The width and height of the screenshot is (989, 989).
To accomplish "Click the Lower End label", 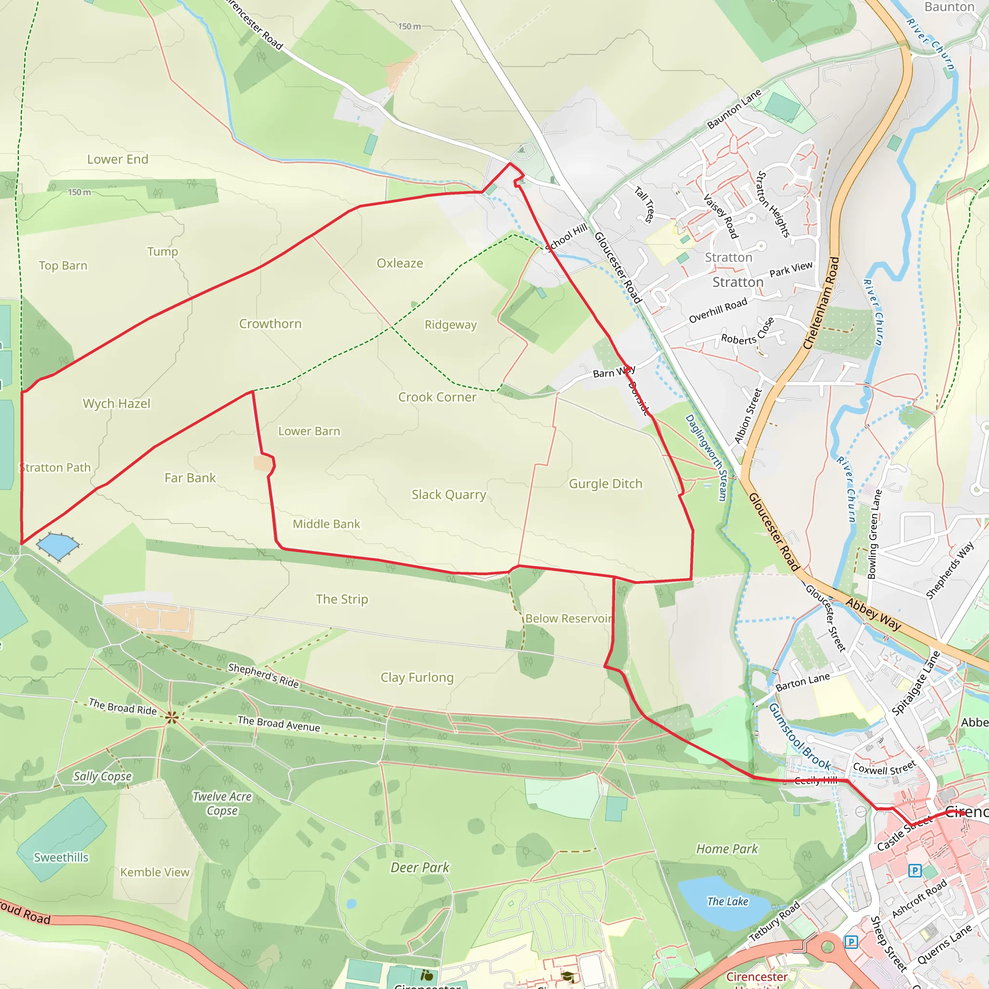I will click(118, 159).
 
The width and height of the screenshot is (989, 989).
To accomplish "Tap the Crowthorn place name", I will click(270, 324).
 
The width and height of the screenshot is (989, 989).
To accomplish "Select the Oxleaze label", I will click(400, 263).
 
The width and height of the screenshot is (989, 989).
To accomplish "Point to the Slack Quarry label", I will click(449, 494).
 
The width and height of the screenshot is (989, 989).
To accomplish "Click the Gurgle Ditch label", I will click(606, 484).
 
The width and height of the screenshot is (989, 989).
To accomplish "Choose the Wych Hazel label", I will click(117, 403).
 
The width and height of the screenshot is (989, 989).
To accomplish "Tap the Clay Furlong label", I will click(417, 677).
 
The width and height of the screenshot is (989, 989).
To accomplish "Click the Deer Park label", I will click(420, 867).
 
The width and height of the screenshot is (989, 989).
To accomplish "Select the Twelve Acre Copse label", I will click(222, 803).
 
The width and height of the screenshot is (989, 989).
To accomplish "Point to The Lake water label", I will click(727, 901).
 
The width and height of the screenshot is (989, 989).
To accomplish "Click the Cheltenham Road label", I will click(821, 303).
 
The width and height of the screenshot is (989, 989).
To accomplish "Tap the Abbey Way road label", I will click(873, 613).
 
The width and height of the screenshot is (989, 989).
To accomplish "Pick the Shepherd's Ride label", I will click(263, 675).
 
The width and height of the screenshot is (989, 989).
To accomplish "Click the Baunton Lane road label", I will click(735, 109).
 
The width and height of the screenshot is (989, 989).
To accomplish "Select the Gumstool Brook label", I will click(800, 735).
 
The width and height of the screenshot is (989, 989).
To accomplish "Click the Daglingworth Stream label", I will click(706, 457).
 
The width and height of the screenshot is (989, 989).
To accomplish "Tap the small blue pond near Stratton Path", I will click(57, 546).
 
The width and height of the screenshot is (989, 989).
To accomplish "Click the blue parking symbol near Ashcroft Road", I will click(914, 870).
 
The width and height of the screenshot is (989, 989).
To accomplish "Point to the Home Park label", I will click(727, 849).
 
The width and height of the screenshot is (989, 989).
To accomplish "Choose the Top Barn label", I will click(63, 266).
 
